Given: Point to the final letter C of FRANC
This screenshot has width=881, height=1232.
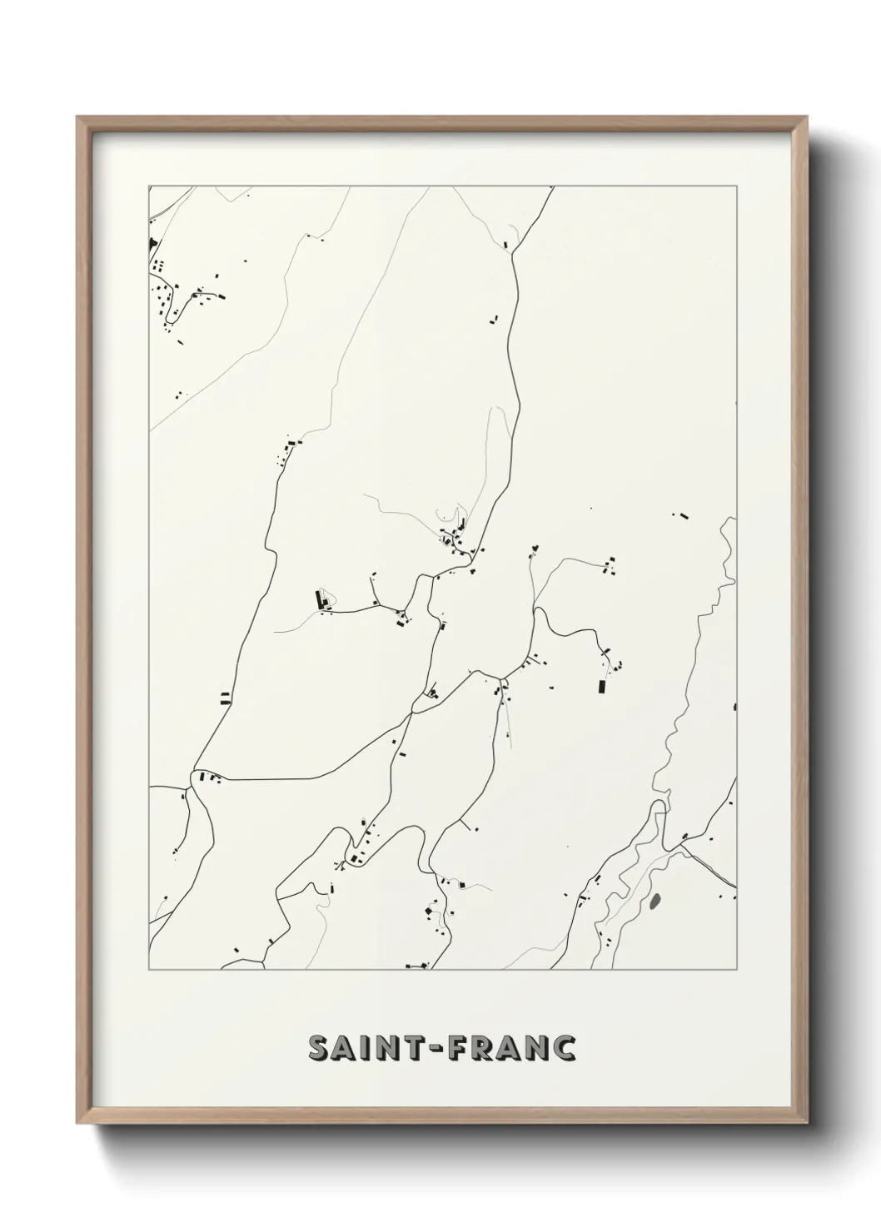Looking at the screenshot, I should click(x=564, y=1049).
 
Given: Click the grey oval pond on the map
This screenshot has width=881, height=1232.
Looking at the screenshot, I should click(x=655, y=901).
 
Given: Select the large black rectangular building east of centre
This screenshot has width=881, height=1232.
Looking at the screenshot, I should click(x=600, y=687).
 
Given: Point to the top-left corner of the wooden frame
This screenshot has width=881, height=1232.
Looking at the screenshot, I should click(x=77, y=117).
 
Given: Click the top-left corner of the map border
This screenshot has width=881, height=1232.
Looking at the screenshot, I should click(x=148, y=186).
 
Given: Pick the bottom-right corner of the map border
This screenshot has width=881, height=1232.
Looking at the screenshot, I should click(x=736, y=970).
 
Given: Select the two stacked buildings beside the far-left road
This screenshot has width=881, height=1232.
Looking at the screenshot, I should click(x=224, y=698).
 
